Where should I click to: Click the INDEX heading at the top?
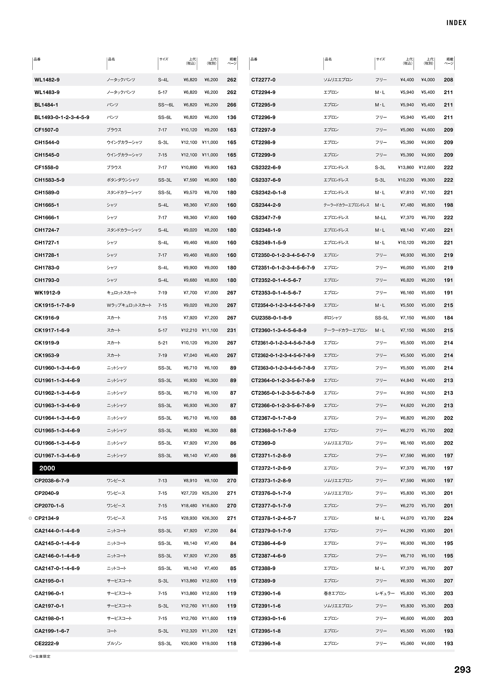click(456, 23)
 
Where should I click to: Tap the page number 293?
click(462, 670)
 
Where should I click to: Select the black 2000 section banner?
click(135, 468)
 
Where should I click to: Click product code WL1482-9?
click(47, 80)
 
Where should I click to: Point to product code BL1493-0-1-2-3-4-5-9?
click(62, 117)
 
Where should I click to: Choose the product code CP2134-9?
click(46, 518)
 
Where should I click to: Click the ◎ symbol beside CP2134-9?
click(30, 518)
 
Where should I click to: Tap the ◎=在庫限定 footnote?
click(40, 656)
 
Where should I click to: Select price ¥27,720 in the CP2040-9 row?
click(189, 493)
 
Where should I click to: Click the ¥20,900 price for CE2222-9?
click(189, 643)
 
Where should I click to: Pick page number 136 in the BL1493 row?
click(231, 117)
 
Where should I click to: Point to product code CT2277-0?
click(263, 80)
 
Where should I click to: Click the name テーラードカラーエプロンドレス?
click(346, 205)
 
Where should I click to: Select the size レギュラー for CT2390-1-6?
click(385, 593)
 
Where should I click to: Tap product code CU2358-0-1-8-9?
click(271, 318)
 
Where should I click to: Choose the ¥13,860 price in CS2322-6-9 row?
click(406, 167)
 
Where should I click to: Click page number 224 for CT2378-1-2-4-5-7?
click(448, 518)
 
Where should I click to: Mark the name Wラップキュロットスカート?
click(129, 305)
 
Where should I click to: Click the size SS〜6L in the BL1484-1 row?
click(166, 105)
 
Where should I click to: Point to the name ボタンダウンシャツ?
click(123, 180)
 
